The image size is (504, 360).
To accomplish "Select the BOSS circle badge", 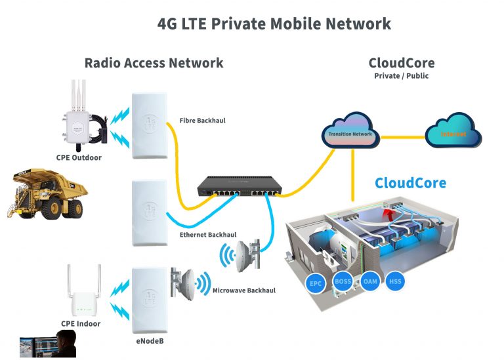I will point(343,281).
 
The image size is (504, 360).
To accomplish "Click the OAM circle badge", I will point(369,281).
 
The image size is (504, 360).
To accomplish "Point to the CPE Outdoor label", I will point(79,157).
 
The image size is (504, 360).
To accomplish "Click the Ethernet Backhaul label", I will point(208,234).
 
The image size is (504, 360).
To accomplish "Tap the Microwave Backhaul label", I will point(244,290).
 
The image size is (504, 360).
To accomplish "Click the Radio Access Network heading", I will point(154,63).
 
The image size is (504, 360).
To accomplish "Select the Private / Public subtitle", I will point(401,76).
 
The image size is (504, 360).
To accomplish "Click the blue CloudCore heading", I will point(410,183).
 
